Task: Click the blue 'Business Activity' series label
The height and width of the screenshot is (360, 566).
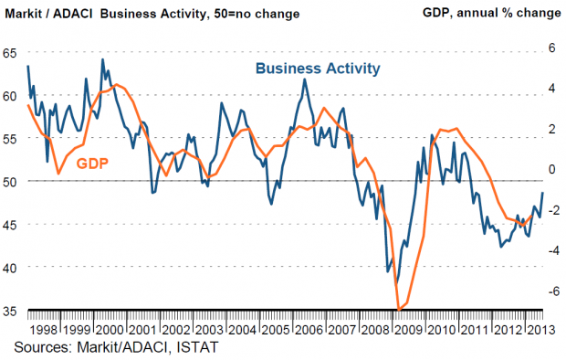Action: click(318, 69)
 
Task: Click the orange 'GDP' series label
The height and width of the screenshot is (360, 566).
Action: click(92, 164)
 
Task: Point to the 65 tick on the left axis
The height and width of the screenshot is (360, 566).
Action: click(10, 53)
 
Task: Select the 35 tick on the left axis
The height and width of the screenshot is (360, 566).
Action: click(10, 312)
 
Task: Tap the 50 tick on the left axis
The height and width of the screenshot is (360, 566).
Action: click(10, 182)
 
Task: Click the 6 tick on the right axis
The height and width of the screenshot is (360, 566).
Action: click(552, 48)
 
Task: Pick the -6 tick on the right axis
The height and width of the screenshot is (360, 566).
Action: click(550, 291)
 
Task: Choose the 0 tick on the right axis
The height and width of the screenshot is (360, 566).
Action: click(552, 169)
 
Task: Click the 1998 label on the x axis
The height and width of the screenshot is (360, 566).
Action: click(44, 330)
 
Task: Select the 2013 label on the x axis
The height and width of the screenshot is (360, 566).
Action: click(541, 330)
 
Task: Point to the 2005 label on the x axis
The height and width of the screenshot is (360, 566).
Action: click(276, 330)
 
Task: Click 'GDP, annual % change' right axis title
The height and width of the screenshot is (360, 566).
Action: click(492, 13)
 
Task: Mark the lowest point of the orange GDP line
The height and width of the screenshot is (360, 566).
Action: click(399, 310)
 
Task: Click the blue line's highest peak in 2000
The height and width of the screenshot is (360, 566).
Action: click(102, 59)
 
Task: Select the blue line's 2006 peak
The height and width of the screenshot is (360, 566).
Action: click(305, 79)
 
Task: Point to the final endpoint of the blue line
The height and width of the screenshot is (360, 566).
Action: click(542, 193)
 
